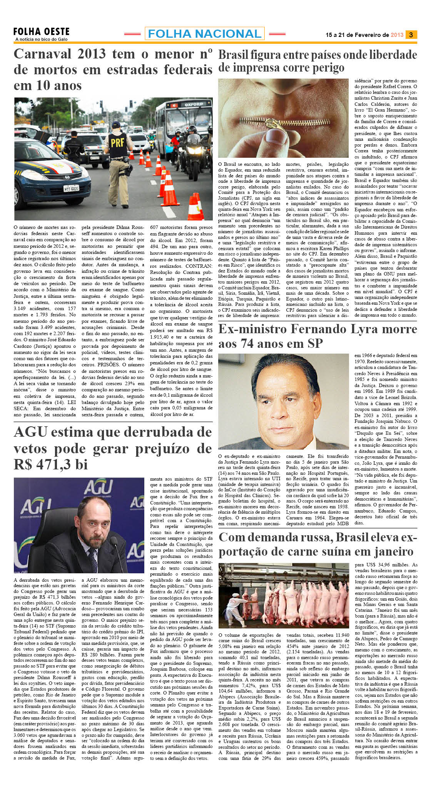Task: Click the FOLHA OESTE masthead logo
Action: coord(41,32)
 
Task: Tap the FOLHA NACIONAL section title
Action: coord(204,34)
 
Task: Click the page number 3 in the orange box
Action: coord(411,35)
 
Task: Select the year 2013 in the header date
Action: coord(397,35)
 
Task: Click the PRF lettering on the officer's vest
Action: coord(117,143)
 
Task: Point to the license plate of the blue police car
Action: coord(71,188)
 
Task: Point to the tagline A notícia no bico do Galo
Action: coord(41,39)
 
